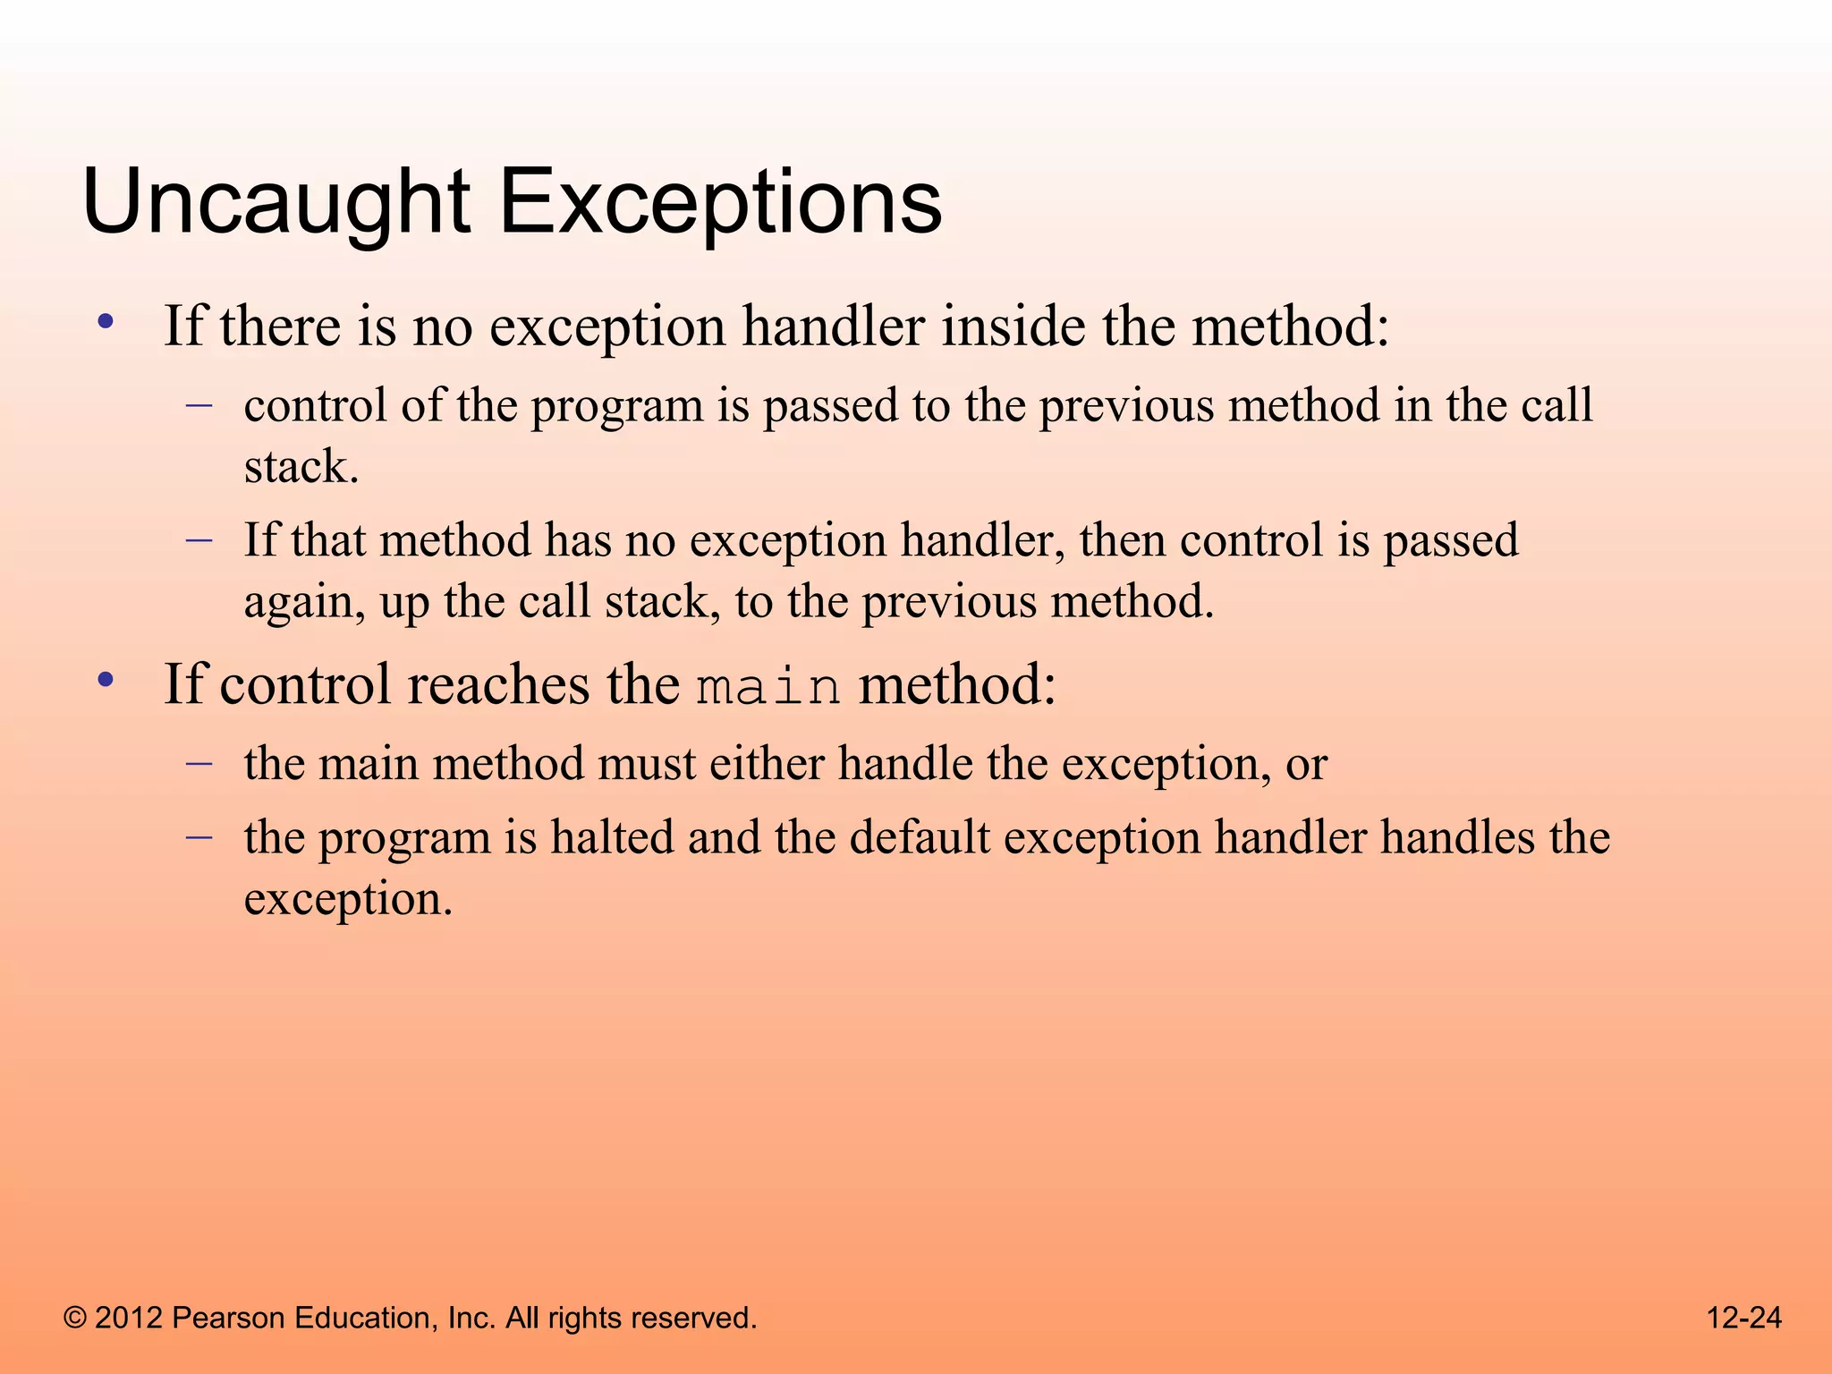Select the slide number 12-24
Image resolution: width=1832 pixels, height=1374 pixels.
tap(1743, 1318)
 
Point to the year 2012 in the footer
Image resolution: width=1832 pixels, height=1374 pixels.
tap(128, 1318)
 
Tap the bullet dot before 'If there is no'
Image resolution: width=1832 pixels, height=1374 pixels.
tap(106, 322)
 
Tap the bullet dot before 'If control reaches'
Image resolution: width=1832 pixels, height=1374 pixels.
tap(106, 681)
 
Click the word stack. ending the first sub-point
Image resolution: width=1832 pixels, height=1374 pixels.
tap(301, 467)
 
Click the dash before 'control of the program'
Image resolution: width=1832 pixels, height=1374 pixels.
tap(199, 405)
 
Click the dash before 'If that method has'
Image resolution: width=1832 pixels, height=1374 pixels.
tap(199, 539)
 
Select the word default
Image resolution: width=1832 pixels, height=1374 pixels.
tap(919, 837)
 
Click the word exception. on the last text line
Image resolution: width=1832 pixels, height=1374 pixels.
tap(348, 899)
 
